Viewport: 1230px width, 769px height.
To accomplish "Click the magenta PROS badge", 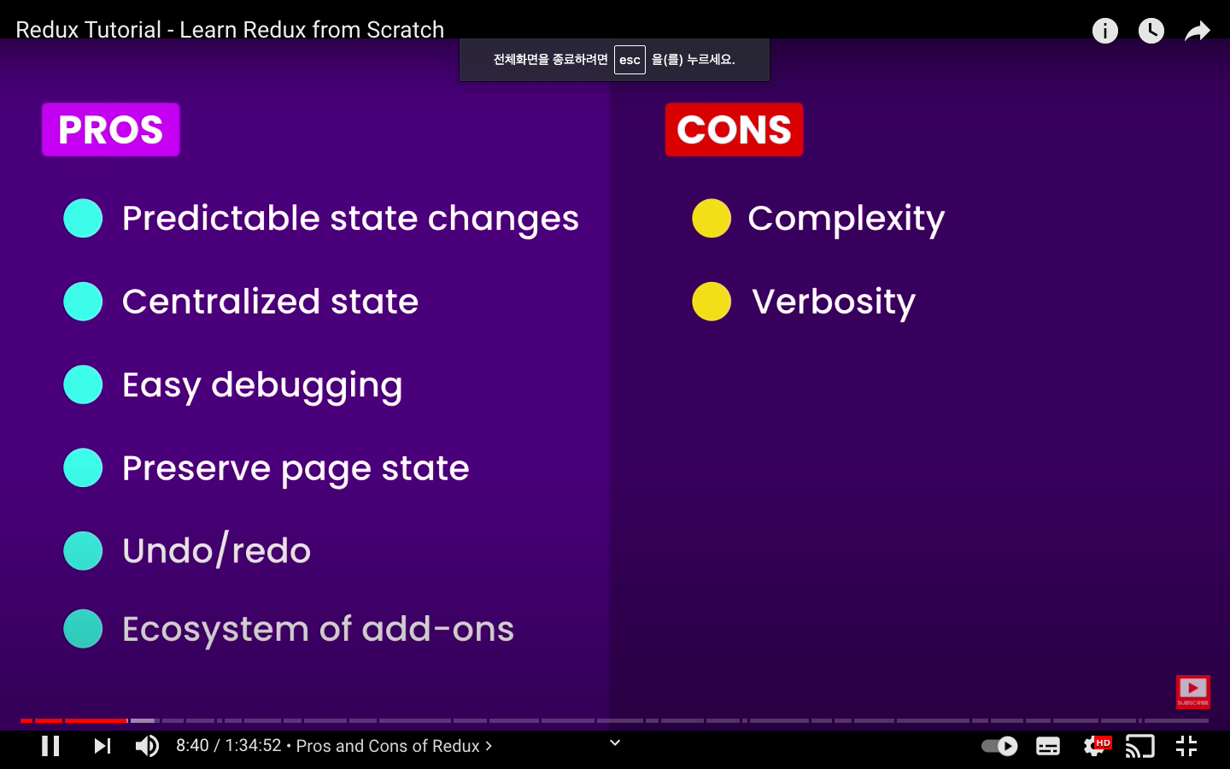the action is tap(111, 130).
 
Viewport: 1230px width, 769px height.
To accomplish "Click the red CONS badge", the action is tap(735, 130).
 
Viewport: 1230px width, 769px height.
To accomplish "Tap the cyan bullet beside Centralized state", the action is tap(83, 302).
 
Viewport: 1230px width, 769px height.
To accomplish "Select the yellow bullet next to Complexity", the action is tap(712, 218).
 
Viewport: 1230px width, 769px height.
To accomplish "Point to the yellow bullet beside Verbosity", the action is tap(712, 302).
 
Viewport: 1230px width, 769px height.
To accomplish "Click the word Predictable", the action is tap(220, 219).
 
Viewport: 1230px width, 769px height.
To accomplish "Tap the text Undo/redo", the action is tap(216, 550).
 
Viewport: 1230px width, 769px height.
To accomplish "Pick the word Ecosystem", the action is tap(216, 630).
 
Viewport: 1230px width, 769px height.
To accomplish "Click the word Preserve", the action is tap(196, 468).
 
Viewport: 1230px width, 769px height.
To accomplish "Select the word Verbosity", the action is tap(834, 302).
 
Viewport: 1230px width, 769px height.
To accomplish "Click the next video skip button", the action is tap(102, 746).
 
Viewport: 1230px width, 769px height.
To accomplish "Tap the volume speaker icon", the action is tap(147, 746).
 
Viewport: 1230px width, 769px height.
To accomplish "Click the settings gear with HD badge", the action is tap(1097, 745).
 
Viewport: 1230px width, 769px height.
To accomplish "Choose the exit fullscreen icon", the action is tap(1186, 746).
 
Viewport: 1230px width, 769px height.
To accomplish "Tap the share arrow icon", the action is tap(1197, 31).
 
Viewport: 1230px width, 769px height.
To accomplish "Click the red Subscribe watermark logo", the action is tap(1192, 692).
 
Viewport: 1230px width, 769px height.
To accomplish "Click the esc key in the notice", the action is tap(630, 60).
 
